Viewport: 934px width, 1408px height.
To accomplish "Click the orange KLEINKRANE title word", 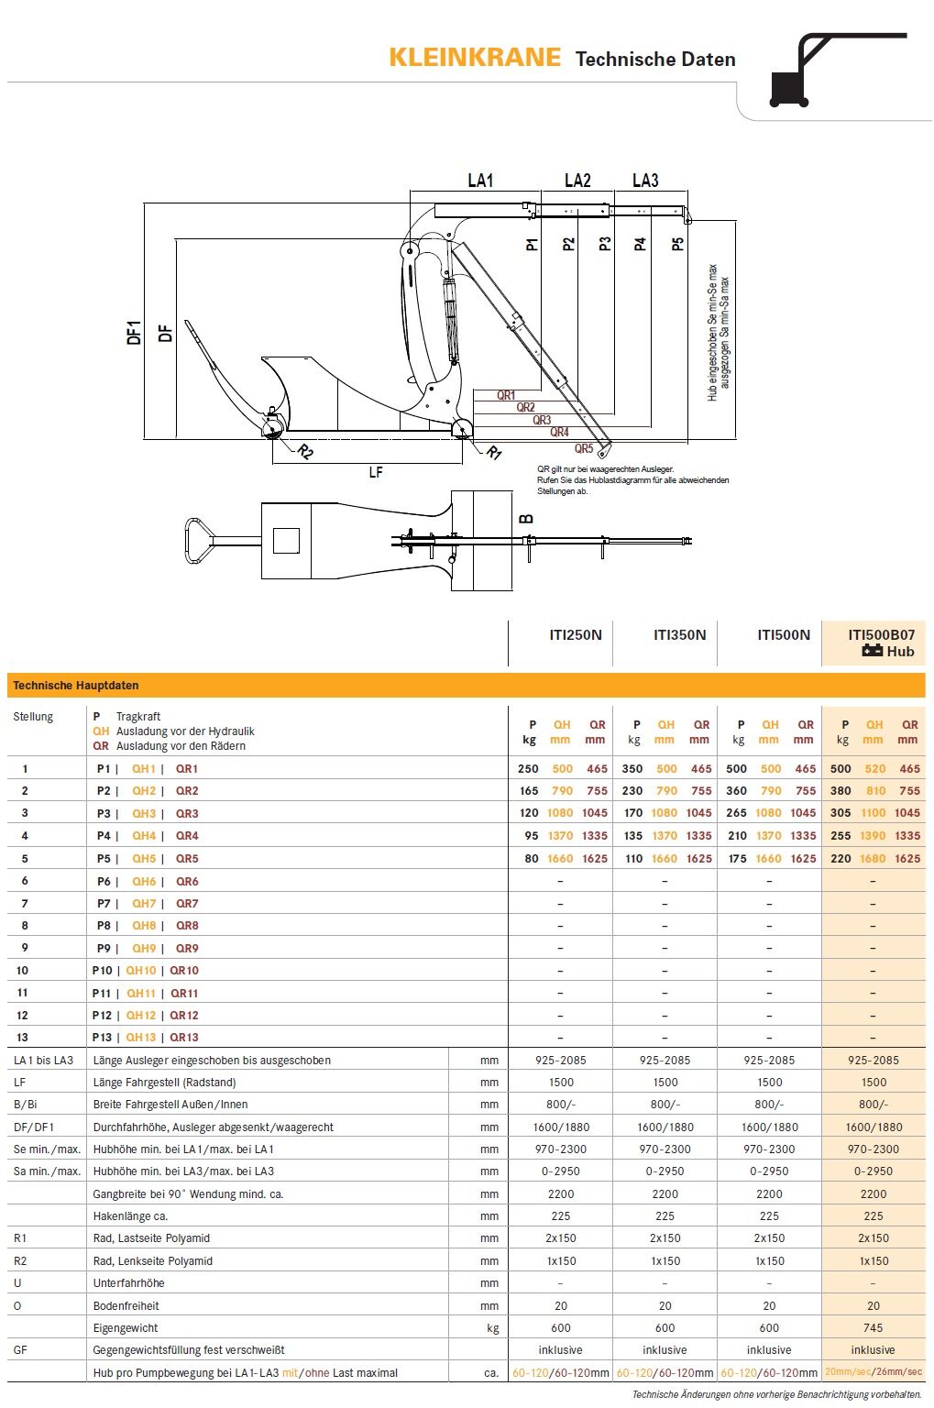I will [474, 58].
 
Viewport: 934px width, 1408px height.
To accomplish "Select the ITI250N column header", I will [575, 634].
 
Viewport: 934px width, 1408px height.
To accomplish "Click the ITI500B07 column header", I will [880, 634].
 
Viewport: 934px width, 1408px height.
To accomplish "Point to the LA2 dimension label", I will [577, 181].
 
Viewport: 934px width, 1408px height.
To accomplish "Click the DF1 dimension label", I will [134, 332].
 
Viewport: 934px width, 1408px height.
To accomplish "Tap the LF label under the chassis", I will [375, 472].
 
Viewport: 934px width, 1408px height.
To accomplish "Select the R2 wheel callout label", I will [305, 452].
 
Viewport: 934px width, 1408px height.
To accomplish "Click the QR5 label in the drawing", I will [584, 448].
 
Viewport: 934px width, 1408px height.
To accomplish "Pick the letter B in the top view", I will [526, 519].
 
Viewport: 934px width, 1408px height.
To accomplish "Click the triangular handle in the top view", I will [198, 540].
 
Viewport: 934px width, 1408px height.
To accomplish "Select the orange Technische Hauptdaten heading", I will [75, 685].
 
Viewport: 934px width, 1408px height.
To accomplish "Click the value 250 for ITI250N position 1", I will [528, 769].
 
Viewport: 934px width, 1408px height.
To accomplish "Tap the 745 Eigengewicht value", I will [873, 1327].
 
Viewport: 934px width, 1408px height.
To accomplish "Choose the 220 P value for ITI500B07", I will [841, 859].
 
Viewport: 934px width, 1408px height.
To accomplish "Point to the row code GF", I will [20, 1350].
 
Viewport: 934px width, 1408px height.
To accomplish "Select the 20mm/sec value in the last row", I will [848, 1372].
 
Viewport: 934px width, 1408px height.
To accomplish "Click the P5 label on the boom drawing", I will [677, 244].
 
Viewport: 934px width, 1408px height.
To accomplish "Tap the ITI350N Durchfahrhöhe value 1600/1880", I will [665, 1127].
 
